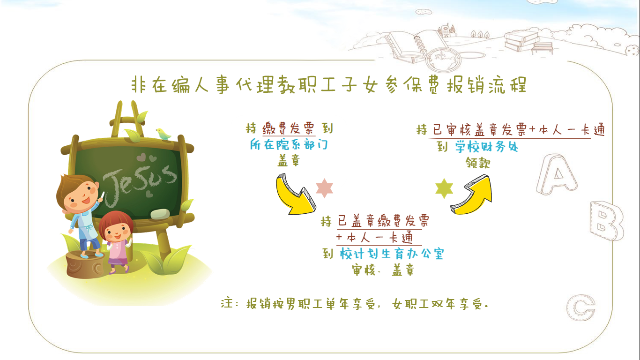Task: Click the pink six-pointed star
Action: pos(325,188)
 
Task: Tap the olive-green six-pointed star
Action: pos(444,188)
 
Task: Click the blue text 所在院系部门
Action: pos(289,144)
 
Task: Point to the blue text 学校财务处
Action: pos(487,147)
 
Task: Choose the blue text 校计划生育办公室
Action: pos(392,254)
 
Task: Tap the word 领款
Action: pos(478,163)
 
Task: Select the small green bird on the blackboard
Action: pos(163,134)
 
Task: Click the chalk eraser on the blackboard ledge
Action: pos(160,214)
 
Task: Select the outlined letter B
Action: pos(606,221)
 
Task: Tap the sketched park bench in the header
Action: pos(542,48)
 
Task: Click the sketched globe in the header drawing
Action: pos(443,59)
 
